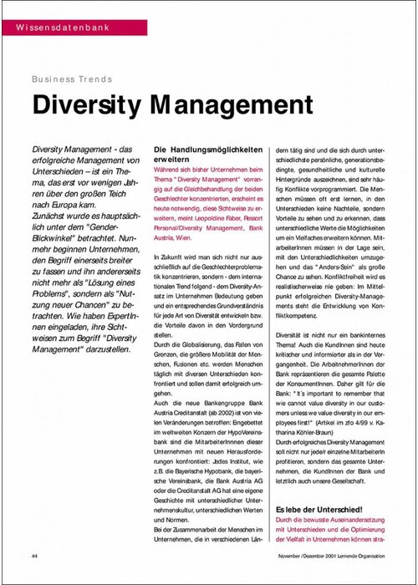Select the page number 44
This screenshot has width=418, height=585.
click(x=35, y=556)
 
